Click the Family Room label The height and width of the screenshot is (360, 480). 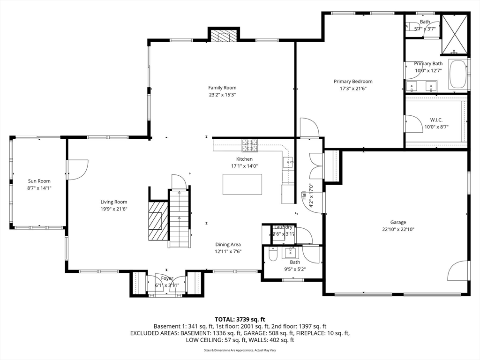(222, 88)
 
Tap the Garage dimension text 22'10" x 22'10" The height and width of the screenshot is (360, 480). (398, 229)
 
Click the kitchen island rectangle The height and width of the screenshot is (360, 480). (242, 184)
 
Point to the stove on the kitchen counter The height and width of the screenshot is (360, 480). (249, 146)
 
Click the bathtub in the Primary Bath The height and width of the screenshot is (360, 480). (458, 75)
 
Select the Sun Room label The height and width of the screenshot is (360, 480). (39, 181)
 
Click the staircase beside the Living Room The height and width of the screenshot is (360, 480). (180, 218)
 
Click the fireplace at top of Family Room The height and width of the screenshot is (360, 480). (224, 36)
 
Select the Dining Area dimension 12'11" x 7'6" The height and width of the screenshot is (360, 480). (228, 251)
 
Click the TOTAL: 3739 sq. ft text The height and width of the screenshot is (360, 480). (240, 319)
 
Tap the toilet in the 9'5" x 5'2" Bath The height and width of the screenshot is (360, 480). (273, 254)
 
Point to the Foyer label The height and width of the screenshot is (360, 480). (167, 278)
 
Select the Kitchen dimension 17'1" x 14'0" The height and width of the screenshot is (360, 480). (244, 165)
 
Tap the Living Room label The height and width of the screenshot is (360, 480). (114, 202)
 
